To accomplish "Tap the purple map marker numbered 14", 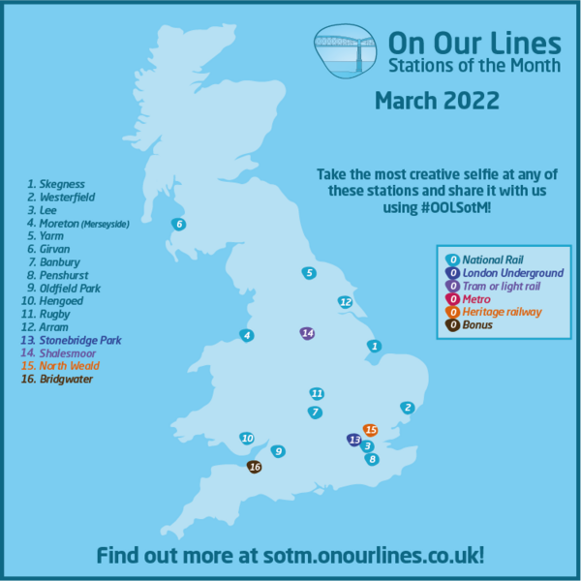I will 307,333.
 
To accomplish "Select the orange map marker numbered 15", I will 369,429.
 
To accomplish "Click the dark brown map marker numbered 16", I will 255,467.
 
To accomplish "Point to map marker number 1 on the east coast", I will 374,346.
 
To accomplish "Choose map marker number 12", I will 345,302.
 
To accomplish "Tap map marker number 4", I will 247,335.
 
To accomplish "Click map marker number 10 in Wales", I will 247,438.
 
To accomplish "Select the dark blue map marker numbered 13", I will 352,440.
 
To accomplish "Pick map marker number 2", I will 408,408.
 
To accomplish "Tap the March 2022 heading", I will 437,100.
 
